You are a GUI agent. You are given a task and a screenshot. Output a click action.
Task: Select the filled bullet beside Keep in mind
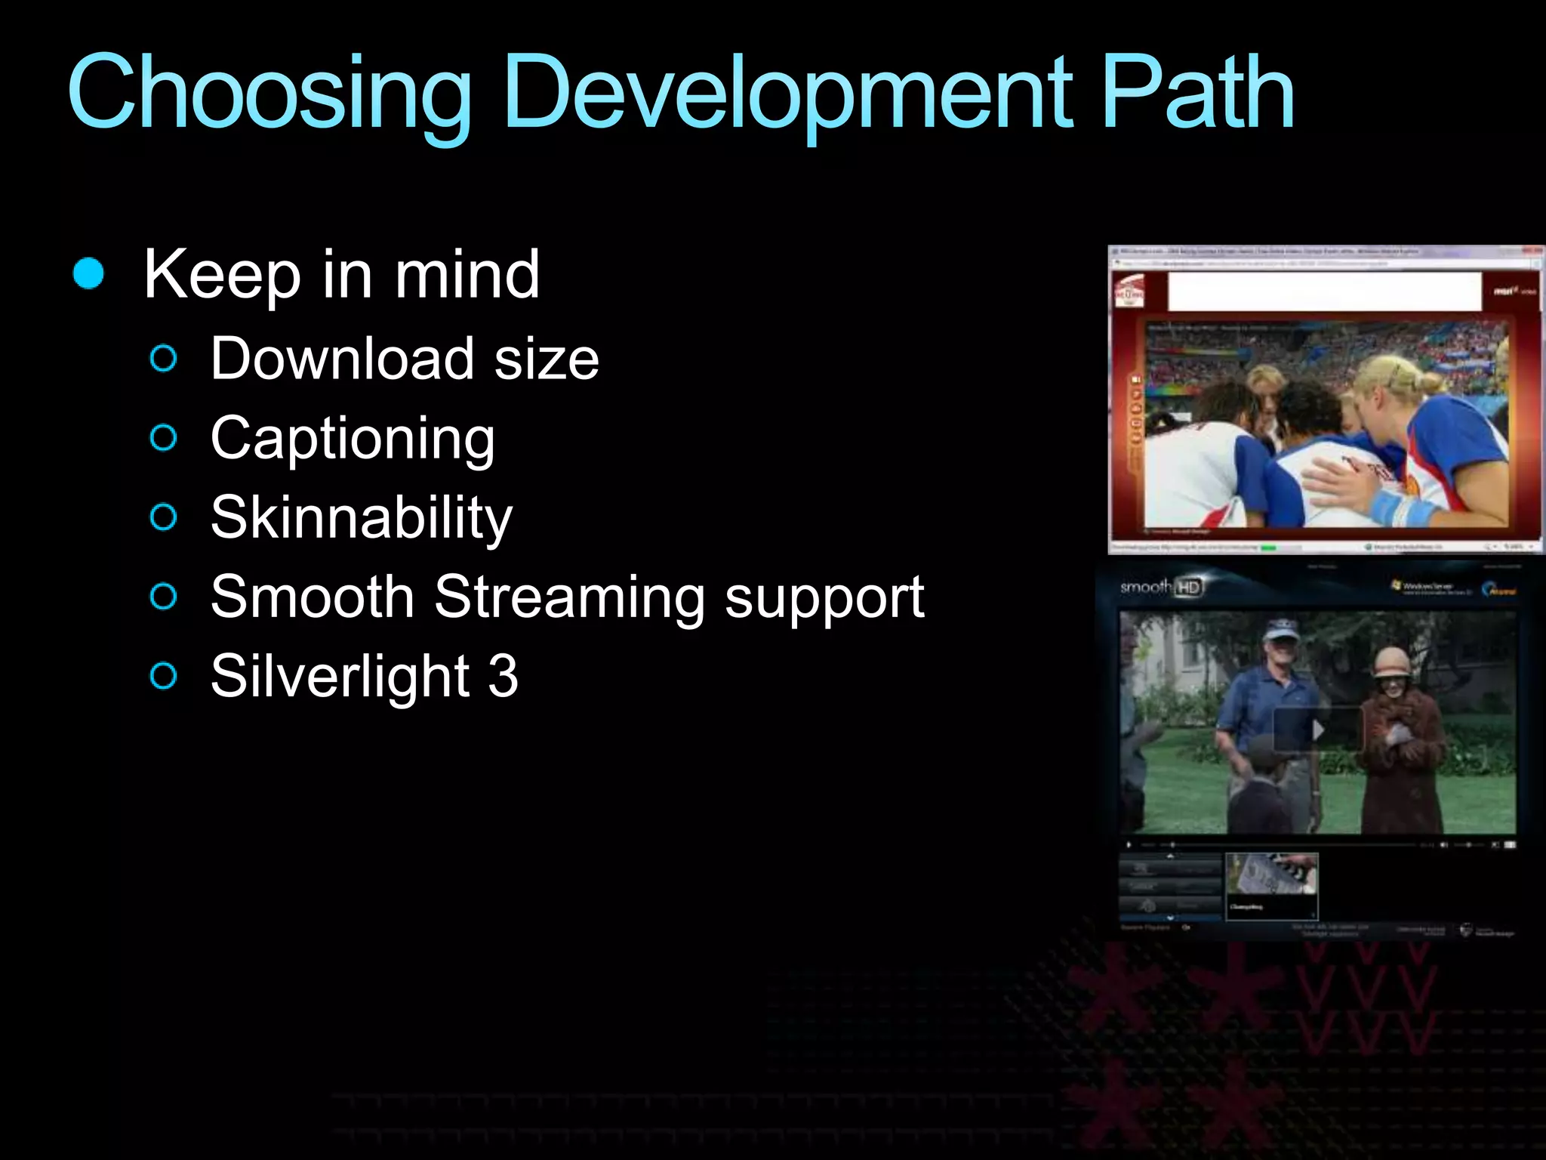tap(88, 273)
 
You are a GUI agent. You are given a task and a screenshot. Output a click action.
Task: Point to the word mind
tap(467, 275)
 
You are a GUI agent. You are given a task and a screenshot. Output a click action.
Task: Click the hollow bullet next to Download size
tap(163, 359)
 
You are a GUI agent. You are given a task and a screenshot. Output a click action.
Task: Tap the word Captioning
tap(353, 439)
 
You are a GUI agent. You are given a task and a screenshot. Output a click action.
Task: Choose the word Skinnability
tap(361, 518)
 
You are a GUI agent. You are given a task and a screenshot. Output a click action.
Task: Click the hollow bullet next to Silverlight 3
tap(163, 676)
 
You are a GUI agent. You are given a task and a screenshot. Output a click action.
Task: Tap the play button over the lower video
tap(1318, 730)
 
